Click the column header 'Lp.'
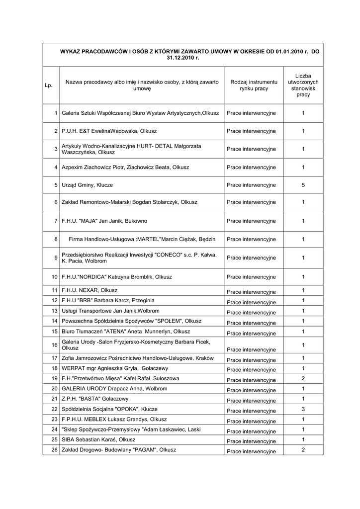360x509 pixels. (x=48, y=85)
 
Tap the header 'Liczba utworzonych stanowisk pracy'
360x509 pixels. (x=303, y=85)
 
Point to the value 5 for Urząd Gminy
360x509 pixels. (x=303, y=185)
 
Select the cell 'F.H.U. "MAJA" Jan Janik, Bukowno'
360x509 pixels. (x=104, y=221)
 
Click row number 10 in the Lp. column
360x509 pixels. (x=54, y=276)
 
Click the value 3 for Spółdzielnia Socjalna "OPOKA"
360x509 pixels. (x=303, y=409)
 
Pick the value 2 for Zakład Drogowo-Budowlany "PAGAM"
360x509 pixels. (x=303, y=450)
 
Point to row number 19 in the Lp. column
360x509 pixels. (x=54, y=379)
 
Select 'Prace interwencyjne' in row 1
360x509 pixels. (x=251, y=113)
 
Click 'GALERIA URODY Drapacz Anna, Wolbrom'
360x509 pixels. (x=114, y=389)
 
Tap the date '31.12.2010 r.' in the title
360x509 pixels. (x=182, y=58)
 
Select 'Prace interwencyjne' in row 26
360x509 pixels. (x=251, y=451)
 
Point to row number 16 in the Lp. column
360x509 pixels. (x=54, y=345)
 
